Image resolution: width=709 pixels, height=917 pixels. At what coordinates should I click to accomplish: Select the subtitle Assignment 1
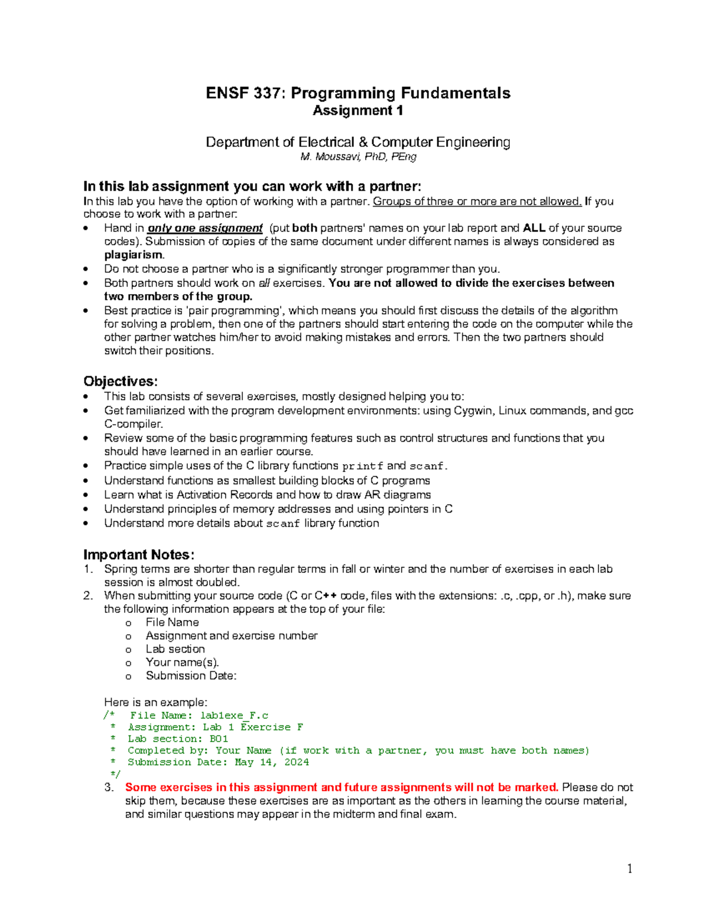357,110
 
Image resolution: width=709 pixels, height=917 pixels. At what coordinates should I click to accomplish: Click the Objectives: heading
121,381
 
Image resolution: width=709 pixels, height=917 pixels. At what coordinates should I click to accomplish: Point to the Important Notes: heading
138,554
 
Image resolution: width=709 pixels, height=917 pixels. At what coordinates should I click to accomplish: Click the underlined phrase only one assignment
204,228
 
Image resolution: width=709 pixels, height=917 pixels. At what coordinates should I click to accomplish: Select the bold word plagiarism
134,255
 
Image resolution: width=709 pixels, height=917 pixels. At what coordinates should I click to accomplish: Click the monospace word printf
363,466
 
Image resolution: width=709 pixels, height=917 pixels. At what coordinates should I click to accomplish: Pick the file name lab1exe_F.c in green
234,716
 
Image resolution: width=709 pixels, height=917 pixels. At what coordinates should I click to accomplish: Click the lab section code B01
219,739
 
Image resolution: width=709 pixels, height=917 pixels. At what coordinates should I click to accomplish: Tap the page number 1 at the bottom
630,868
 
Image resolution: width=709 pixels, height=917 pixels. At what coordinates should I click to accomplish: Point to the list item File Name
172,622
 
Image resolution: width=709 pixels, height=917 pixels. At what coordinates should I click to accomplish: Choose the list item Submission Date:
191,675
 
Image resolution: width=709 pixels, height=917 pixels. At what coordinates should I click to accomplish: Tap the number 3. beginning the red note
109,787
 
